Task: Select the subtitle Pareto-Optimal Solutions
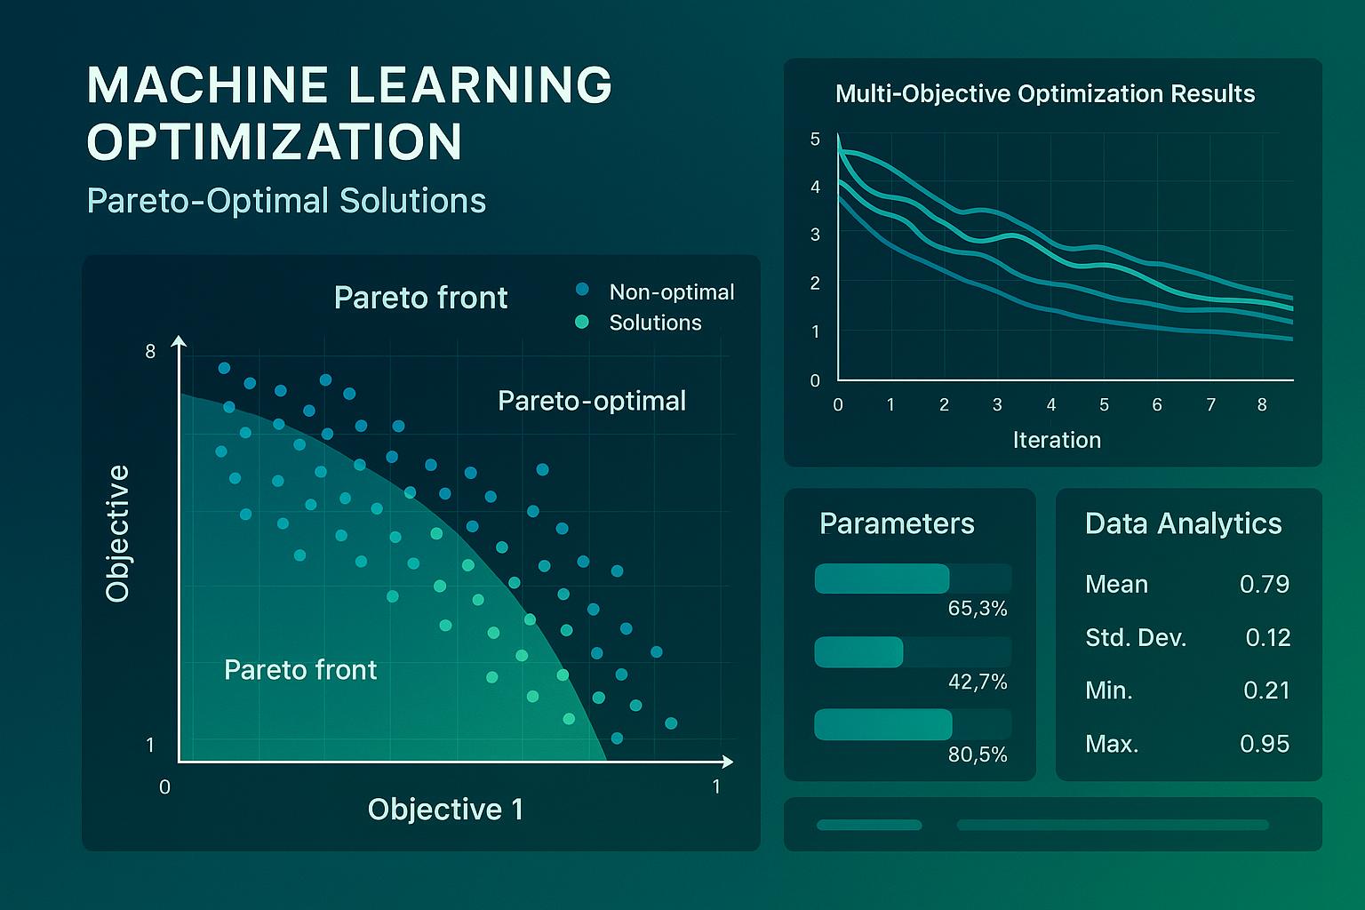point(286,201)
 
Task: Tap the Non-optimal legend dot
point(583,290)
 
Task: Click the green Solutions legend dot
point(583,322)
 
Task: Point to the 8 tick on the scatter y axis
point(150,352)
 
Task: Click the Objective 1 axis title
point(445,810)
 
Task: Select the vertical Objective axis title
point(117,533)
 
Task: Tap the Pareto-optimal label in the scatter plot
point(592,401)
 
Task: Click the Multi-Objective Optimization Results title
point(1045,94)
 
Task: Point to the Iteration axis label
point(1057,440)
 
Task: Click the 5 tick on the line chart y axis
point(815,140)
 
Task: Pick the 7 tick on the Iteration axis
point(1210,405)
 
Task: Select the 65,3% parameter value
point(978,609)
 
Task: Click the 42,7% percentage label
point(978,682)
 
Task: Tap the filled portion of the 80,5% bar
point(882,725)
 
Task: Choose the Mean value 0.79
point(1264,584)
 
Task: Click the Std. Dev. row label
point(1136,637)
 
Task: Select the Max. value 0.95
point(1264,744)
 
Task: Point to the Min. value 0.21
point(1265,690)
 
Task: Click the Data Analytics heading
point(1183,523)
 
